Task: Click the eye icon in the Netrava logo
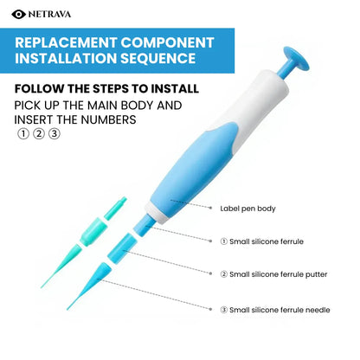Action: point(19,13)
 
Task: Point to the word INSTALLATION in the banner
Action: point(70,61)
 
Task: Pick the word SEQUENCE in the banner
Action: point(164,61)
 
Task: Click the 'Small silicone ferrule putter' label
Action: point(279,274)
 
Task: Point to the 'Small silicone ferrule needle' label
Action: point(280,310)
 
